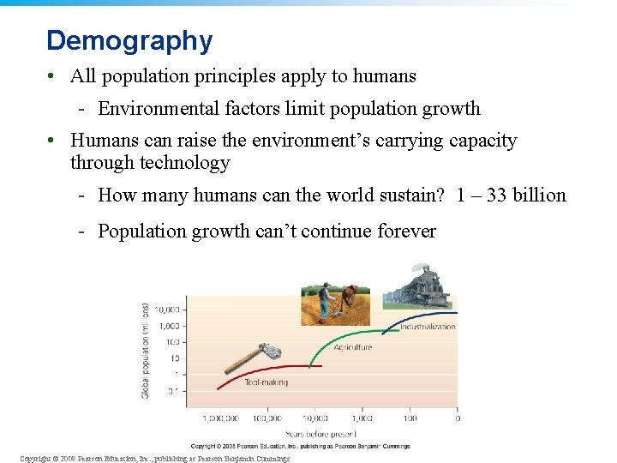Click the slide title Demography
(x=129, y=40)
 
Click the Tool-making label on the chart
(x=266, y=382)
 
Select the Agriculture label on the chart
(x=353, y=347)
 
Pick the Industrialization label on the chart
(x=428, y=327)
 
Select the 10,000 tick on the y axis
(x=168, y=309)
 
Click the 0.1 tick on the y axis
(x=173, y=390)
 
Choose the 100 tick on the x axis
(x=410, y=418)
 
